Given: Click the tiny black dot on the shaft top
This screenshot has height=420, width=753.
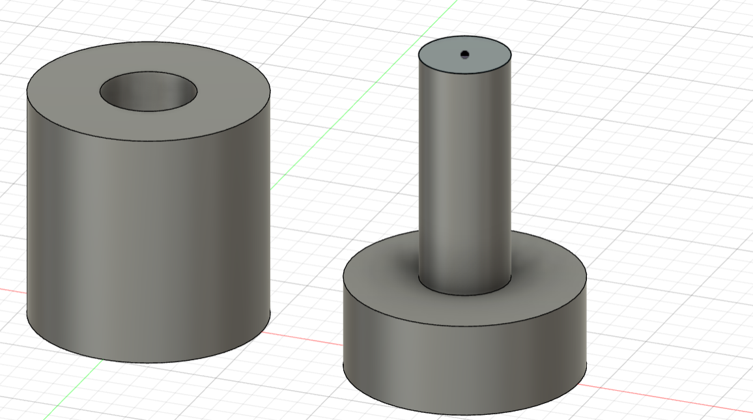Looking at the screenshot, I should [x=464, y=54].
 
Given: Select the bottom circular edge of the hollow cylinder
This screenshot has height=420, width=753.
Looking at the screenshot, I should [x=149, y=363].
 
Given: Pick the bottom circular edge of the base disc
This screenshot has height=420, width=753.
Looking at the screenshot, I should [x=464, y=414].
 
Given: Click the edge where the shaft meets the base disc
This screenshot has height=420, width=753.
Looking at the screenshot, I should [x=464, y=295].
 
